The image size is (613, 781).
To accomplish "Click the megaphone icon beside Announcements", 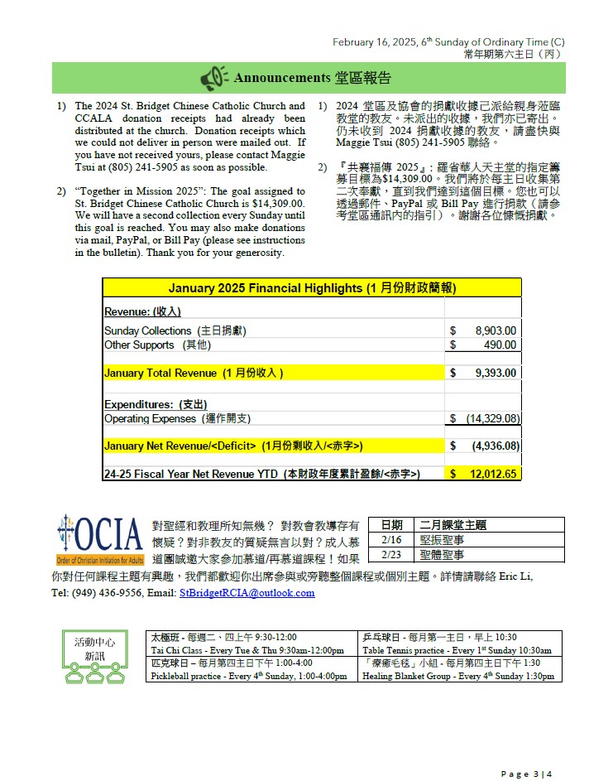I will tap(214, 78).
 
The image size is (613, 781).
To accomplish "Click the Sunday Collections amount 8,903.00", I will tap(496, 330).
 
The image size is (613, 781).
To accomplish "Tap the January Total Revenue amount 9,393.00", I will tap(496, 373).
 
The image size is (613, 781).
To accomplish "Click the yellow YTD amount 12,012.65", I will tap(494, 474).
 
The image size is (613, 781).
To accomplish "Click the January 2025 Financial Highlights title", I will tap(312, 288).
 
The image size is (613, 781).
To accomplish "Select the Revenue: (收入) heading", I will tap(142, 311).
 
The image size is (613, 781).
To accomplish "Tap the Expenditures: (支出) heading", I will tap(156, 404).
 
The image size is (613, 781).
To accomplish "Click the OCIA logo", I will tap(99, 538).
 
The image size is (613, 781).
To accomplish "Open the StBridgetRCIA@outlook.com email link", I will tap(247, 593).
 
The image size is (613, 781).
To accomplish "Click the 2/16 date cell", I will tap(392, 539).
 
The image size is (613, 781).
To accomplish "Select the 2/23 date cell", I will tap(392, 555).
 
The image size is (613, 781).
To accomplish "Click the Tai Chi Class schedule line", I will tap(247, 650).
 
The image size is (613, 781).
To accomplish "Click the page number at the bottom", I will tap(526, 774).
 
